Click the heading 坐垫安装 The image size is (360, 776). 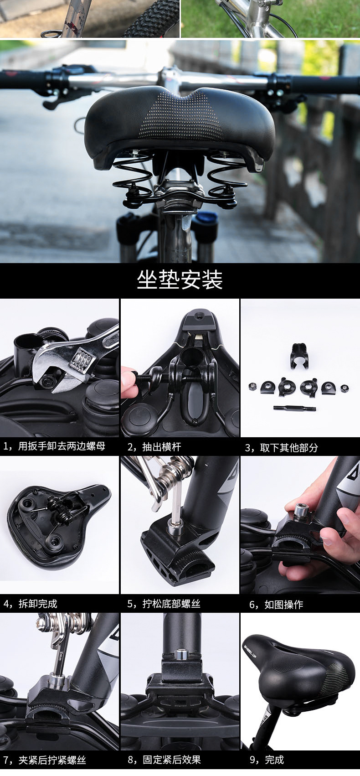pyautogui.click(x=180, y=279)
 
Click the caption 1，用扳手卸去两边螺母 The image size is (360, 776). pyautogui.click(x=54, y=446)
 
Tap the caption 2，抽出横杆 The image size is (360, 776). pyautogui.click(x=154, y=446)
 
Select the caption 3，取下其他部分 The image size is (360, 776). pyautogui.click(x=281, y=448)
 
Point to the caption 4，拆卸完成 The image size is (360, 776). pyautogui.click(x=30, y=604)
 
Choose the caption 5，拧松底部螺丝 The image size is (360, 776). pyautogui.click(x=164, y=604)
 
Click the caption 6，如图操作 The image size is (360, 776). pyautogui.click(x=276, y=605)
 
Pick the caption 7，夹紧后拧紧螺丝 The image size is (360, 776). pyautogui.click(x=44, y=760)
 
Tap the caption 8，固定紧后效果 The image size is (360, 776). pyautogui.click(x=164, y=760)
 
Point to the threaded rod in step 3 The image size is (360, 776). pyautogui.click(x=294, y=409)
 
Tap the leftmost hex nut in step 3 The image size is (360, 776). pyautogui.click(x=253, y=385)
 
